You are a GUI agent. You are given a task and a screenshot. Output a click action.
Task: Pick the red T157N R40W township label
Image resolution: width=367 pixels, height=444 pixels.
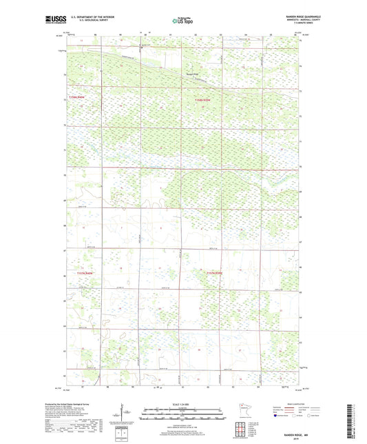click(x=86, y=273)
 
